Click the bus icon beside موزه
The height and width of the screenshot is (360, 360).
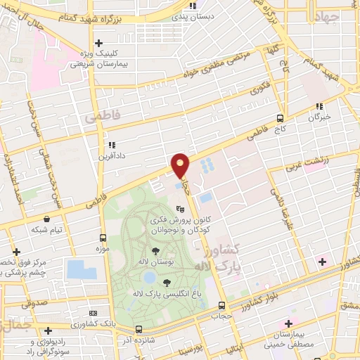[x=103, y=238]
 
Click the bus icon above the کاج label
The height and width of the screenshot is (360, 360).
[x=281, y=118]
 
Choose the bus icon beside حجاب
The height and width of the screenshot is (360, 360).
[x=221, y=305]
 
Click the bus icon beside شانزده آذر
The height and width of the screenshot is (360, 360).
[x=139, y=328]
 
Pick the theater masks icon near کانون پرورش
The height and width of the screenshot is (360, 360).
[x=180, y=208]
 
